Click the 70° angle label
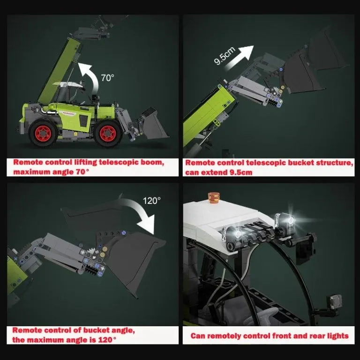pos(107,78)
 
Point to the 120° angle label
pos(151,200)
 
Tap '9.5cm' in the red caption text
pos(239,172)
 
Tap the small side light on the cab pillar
pos(335,300)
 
